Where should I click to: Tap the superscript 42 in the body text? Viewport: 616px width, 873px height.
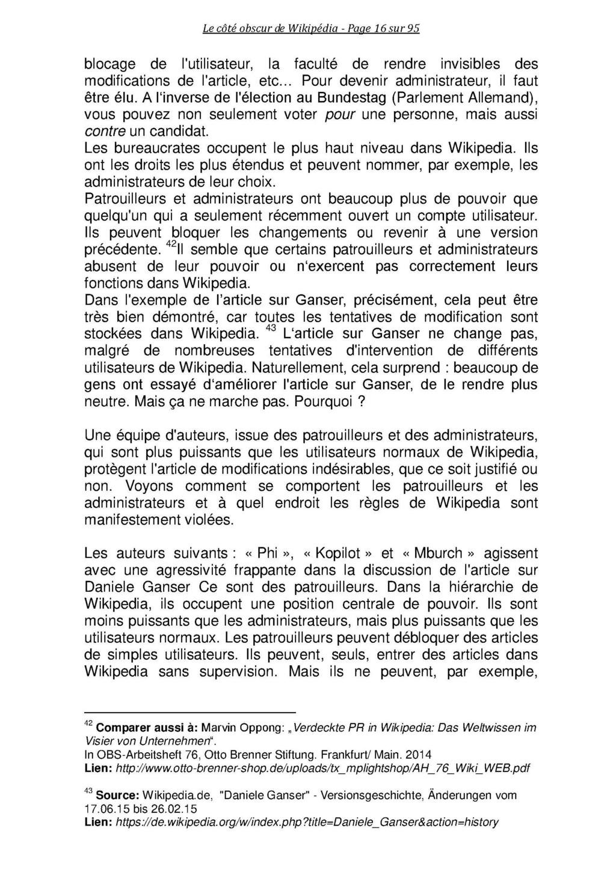[170, 245]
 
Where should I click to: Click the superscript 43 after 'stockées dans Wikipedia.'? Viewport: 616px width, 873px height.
[270, 329]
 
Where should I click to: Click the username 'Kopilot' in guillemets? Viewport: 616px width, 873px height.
[339, 553]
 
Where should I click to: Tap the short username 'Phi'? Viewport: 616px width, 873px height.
[267, 553]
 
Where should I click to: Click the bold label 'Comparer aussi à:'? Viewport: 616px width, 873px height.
[147, 729]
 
